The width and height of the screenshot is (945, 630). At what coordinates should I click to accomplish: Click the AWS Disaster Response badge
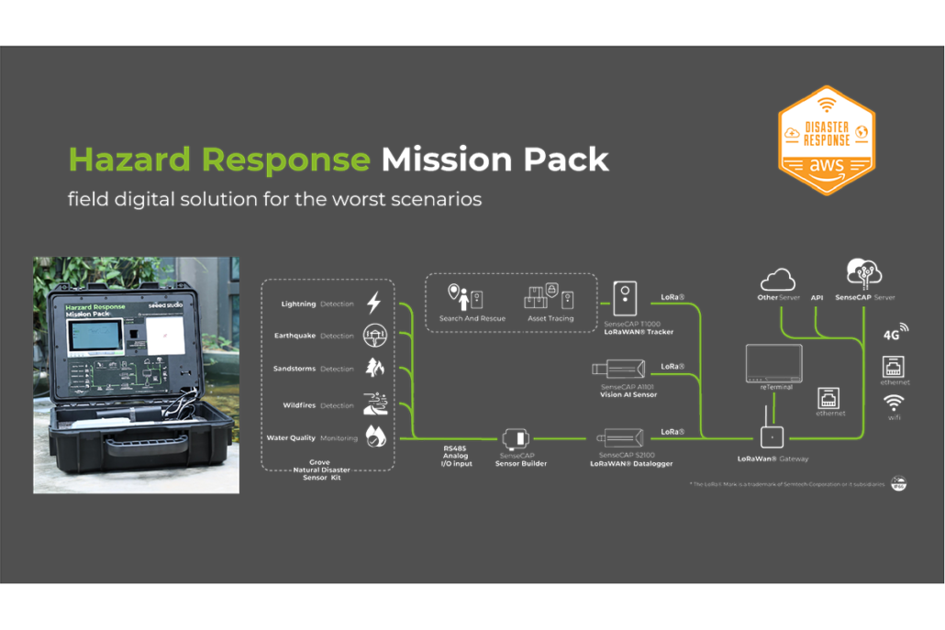pyautogui.click(x=826, y=139)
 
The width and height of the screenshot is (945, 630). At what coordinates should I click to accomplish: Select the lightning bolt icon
pyautogui.click(x=374, y=304)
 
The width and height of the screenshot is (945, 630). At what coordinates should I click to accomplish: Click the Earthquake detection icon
pyautogui.click(x=374, y=336)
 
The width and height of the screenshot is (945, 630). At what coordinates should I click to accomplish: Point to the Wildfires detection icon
pyautogui.click(x=374, y=404)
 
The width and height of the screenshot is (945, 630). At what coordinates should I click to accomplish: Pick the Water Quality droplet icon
pyautogui.click(x=374, y=437)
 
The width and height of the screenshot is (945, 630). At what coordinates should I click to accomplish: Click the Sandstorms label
pyautogui.click(x=294, y=369)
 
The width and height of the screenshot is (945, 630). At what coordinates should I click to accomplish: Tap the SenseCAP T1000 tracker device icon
pyautogui.click(x=625, y=299)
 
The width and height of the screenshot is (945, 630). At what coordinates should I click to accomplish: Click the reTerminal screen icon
pyautogui.click(x=773, y=363)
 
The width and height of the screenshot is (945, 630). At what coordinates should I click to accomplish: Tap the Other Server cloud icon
pyautogui.click(x=778, y=279)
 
